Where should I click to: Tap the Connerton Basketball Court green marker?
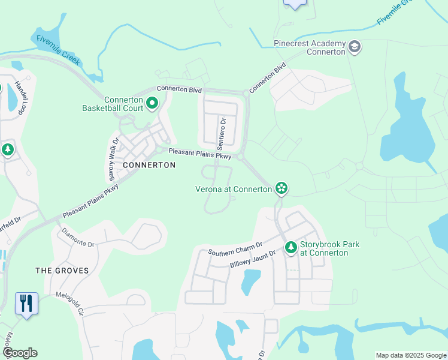tap(152, 104)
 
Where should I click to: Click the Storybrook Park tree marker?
tap(290, 247)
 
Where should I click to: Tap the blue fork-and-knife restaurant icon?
tap(26, 303)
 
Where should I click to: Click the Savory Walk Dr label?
tap(111, 160)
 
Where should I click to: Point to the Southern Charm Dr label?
tap(235, 248)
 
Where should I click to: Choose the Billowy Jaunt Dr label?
tap(252, 259)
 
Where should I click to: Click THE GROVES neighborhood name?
tap(62, 271)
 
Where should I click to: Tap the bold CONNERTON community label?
tap(149, 165)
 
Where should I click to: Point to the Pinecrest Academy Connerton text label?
tap(309, 47)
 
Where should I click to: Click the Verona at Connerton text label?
tap(234, 189)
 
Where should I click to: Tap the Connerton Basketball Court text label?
tap(115, 104)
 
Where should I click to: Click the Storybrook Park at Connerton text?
tap(323, 248)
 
